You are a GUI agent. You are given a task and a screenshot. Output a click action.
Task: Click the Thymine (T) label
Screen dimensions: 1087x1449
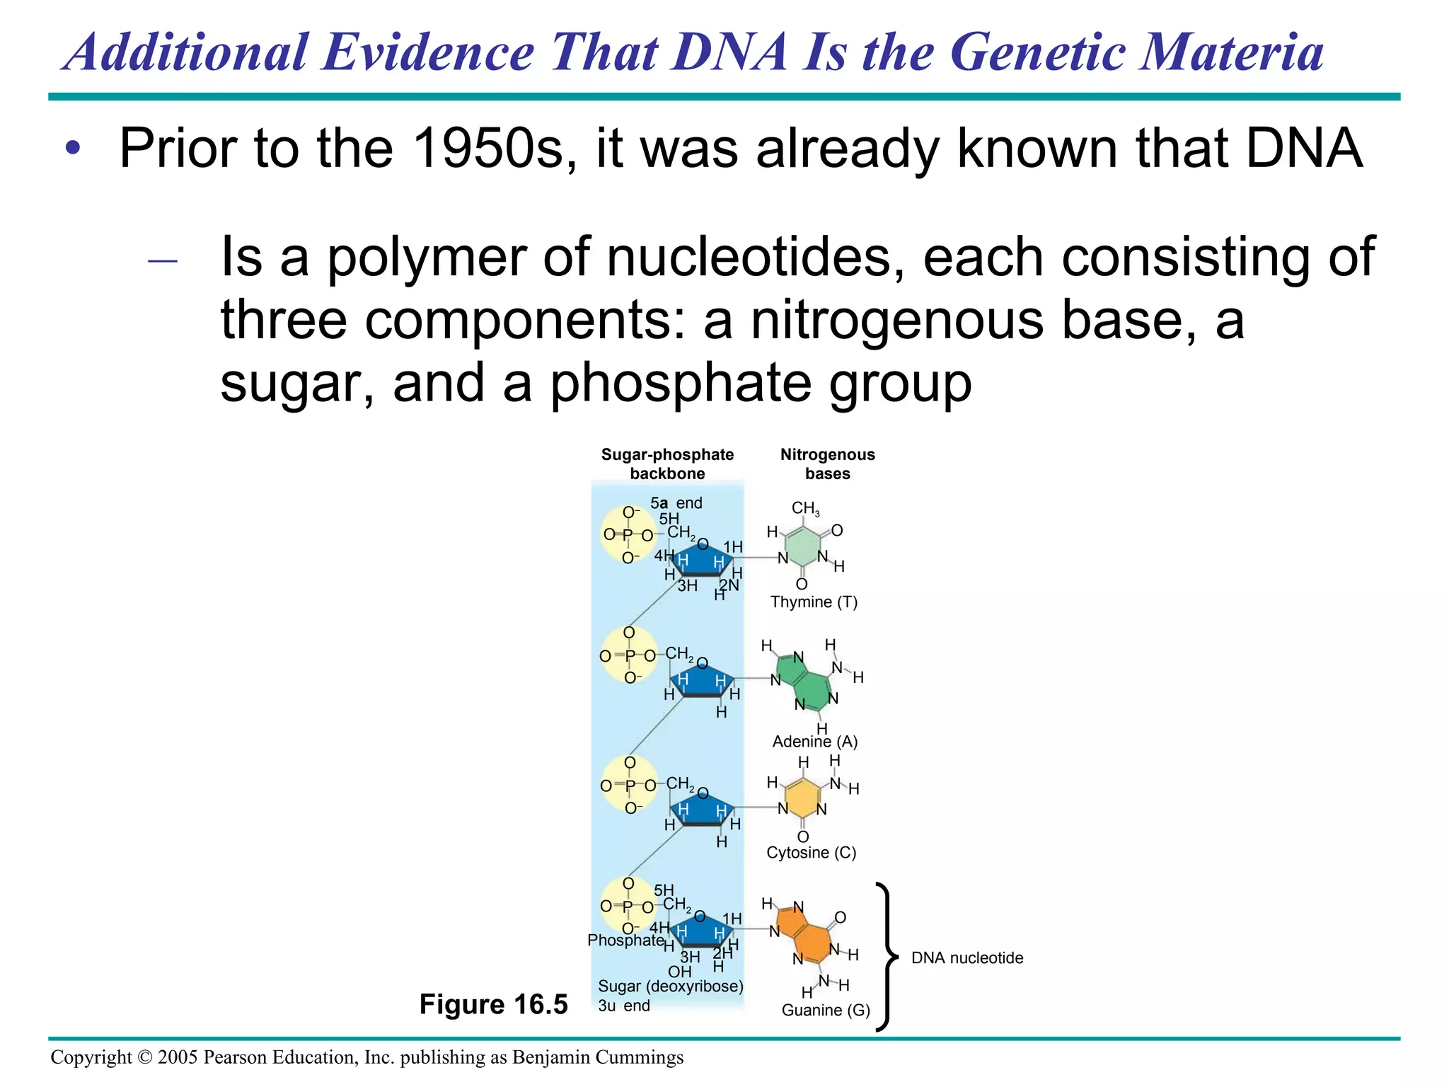point(814,602)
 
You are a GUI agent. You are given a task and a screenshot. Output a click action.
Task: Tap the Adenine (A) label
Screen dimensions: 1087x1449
point(815,742)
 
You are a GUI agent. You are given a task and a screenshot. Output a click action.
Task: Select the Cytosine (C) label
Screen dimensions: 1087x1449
point(811,853)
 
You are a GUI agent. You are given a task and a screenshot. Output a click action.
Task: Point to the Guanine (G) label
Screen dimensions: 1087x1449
point(826,1011)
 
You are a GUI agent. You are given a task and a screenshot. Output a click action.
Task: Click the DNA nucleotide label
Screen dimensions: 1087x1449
point(967,958)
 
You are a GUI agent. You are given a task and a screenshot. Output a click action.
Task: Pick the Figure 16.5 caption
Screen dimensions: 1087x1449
point(493,1004)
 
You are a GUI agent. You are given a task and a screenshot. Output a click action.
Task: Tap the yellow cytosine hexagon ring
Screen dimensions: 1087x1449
point(802,798)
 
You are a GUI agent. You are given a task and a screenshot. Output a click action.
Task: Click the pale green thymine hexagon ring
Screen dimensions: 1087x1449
point(802,546)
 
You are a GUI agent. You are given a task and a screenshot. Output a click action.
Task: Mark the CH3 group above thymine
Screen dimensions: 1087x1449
point(805,508)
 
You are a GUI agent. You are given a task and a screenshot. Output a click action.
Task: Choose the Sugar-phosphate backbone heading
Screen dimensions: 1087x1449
point(667,464)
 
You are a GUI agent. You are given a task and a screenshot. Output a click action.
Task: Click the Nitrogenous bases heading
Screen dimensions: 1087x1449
point(827,464)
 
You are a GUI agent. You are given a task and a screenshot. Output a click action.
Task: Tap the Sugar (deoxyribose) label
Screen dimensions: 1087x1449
point(670,987)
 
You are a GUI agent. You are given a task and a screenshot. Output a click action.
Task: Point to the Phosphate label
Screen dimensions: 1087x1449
point(625,941)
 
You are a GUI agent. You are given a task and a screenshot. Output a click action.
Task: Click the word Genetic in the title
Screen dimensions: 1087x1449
point(1037,52)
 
